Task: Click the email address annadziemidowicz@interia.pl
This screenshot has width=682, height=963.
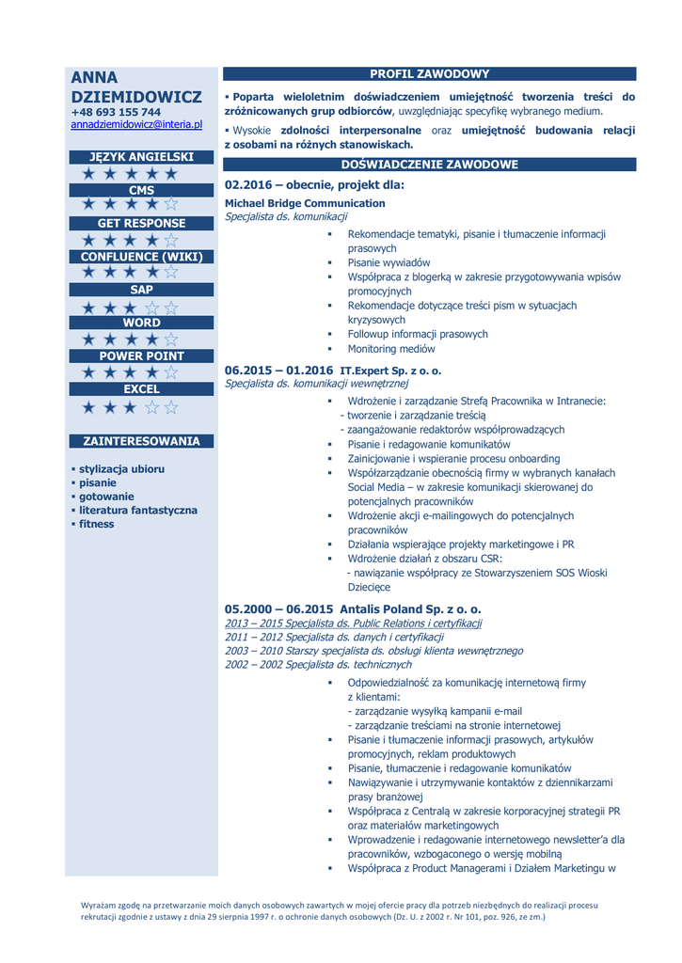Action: (136, 124)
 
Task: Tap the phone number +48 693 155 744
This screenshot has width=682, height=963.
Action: (116, 112)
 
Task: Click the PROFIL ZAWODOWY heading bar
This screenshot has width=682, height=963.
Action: (429, 74)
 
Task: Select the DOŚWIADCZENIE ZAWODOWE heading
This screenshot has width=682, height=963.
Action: (429, 165)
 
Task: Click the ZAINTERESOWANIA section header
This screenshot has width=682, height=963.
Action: (141, 440)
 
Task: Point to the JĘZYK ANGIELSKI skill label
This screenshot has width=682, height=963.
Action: (141, 157)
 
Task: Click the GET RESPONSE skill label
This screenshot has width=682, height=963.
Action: (141, 223)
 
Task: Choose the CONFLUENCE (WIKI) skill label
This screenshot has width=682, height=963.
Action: (141, 257)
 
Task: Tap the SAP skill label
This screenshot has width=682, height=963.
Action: (141, 290)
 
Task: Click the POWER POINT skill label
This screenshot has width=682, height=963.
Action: (141, 355)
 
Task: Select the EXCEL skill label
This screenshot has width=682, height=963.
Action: (141, 388)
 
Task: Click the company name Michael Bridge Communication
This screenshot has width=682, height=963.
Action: (305, 203)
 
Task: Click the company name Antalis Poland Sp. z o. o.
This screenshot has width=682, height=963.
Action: (410, 608)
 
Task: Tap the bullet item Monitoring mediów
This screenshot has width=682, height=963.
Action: (391, 348)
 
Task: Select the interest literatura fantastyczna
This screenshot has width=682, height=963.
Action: (138, 510)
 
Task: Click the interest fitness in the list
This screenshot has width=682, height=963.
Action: (96, 524)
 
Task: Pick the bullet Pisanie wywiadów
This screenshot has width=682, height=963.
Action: (389, 262)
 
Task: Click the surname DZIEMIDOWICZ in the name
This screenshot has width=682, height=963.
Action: (136, 96)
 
